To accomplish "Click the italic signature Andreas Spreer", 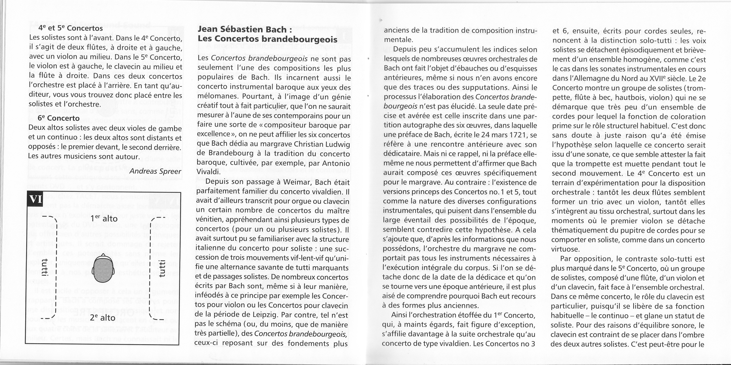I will click(x=155, y=172).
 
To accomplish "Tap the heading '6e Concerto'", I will click(x=59, y=118).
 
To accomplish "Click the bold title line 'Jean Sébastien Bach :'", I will click(x=245, y=29).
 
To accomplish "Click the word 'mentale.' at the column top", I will click(x=397, y=39).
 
